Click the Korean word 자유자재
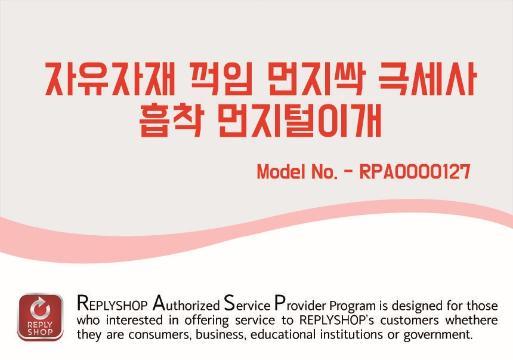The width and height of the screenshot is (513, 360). pyautogui.click(x=111, y=78)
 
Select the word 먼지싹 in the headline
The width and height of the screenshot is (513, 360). pyautogui.click(x=315, y=78)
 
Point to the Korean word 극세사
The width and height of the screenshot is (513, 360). pyautogui.click(x=427, y=78)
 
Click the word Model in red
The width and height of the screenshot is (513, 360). pyautogui.click(x=281, y=171)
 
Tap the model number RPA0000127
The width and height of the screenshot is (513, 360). pyautogui.click(x=415, y=171)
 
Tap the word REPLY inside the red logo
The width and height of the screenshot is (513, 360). pyautogui.click(x=40, y=325)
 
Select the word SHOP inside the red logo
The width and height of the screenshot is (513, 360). pyautogui.click(x=40, y=332)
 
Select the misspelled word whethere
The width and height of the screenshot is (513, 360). pyautogui.click(x=471, y=320)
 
